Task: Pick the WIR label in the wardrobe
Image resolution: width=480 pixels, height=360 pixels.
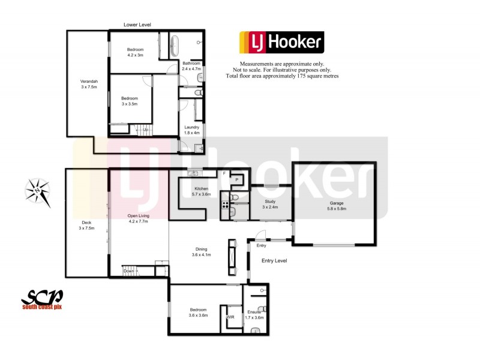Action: (x=230, y=317)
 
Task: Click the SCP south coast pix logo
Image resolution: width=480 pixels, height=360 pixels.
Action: (x=42, y=299)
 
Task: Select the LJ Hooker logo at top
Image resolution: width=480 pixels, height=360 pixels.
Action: (x=281, y=43)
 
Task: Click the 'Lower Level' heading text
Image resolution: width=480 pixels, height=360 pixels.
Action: (x=137, y=25)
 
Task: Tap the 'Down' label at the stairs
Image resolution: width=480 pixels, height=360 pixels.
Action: (x=129, y=271)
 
